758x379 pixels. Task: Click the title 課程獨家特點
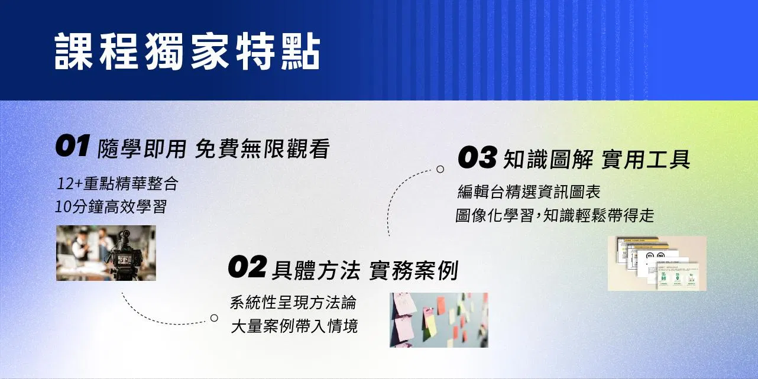point(187,51)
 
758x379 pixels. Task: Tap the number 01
point(73,145)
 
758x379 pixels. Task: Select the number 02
point(247,267)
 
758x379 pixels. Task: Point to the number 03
point(478,157)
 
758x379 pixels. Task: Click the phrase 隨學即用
point(142,148)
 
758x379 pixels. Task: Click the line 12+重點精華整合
point(118,184)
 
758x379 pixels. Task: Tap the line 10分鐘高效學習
point(111,207)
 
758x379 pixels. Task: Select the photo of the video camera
point(106,253)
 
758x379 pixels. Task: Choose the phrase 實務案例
point(413,270)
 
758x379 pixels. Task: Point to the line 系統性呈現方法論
point(293,303)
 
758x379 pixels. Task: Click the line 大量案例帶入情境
point(294,326)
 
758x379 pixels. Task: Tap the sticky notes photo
point(439,320)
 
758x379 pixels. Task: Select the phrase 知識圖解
point(548,160)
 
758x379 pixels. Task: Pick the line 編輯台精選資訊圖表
point(529,192)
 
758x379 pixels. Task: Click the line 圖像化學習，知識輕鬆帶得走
point(555,216)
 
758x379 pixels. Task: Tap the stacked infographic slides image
point(657,264)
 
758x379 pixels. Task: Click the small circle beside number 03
point(440,169)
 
